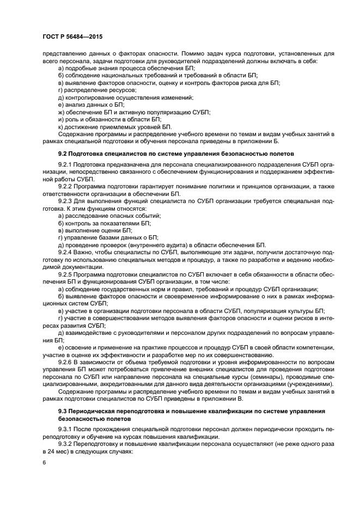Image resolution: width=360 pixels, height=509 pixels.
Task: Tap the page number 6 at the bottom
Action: click(44, 462)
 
